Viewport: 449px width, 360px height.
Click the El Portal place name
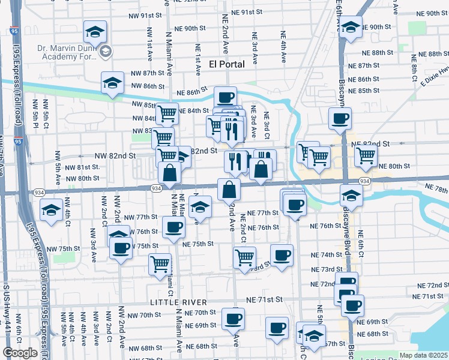point(229,65)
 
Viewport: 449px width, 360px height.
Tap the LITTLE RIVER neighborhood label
point(179,302)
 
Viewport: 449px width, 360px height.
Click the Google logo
point(20,353)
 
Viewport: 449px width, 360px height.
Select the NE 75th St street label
point(198,244)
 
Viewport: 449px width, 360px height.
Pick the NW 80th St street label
point(82,178)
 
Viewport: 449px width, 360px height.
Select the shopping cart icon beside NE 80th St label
point(366,155)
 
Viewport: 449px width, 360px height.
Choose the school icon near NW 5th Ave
point(51,210)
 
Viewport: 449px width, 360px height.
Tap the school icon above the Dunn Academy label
point(95,31)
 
